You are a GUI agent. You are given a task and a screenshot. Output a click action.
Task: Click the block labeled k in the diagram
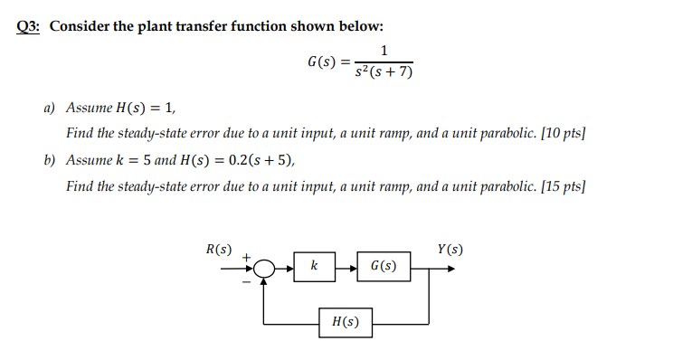[313, 266]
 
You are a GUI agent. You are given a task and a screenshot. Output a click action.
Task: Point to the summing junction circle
[263, 268]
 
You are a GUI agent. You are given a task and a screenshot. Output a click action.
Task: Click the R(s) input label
[219, 248]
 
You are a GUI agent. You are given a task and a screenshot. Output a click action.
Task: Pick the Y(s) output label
[450, 249]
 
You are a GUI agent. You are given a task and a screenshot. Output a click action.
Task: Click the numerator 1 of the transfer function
[386, 52]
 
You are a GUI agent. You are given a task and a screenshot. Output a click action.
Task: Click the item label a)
[51, 107]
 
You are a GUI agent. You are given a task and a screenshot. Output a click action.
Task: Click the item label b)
[51, 161]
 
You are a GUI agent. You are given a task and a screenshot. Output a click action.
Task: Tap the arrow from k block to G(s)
[346, 267]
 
